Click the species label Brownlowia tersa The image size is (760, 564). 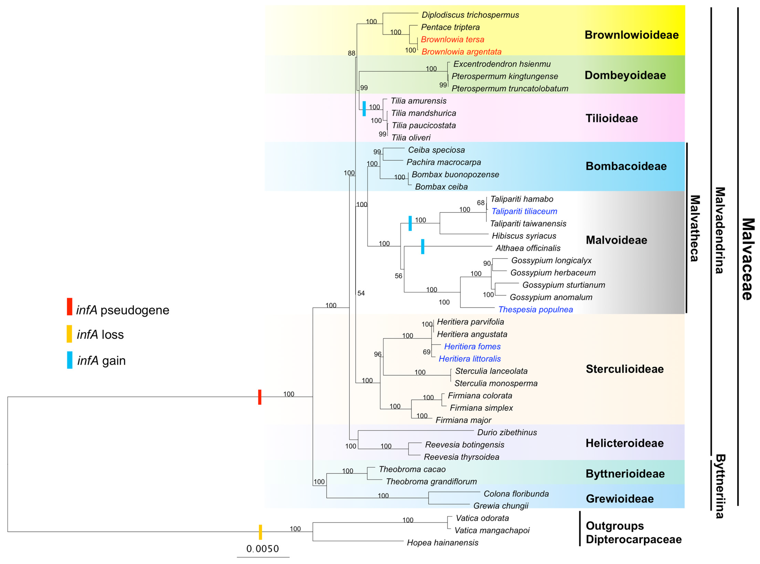pos(452,40)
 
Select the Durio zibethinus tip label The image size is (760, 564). pos(507,433)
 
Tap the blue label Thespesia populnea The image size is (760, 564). pos(536,310)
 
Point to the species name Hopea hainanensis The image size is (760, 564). pos(442,543)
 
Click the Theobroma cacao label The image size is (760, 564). pos(412,469)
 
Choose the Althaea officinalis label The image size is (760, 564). pos(528,248)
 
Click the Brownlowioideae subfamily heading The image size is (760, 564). pos(631,35)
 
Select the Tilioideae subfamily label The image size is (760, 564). pos(612,118)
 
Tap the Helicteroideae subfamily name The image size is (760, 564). pos(625,443)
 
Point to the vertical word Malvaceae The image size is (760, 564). pos(747,260)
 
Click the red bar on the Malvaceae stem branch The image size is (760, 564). pos(260,397)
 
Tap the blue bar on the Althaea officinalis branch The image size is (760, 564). pos(423,246)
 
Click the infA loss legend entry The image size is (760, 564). pos(100,335)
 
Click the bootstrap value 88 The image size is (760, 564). pos(351,53)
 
